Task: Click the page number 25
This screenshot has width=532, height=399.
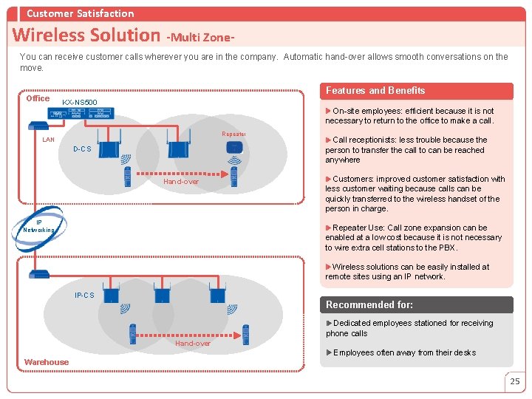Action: click(x=515, y=381)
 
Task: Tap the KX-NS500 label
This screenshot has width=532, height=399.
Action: click(x=79, y=102)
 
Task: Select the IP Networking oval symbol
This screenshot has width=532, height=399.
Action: click(x=38, y=228)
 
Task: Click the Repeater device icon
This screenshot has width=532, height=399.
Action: click(x=234, y=148)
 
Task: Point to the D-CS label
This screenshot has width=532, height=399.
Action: click(x=82, y=149)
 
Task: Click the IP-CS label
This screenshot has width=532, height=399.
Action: click(x=84, y=295)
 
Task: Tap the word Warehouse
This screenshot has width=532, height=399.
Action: click(x=47, y=362)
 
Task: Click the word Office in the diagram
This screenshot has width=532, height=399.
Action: click(x=38, y=98)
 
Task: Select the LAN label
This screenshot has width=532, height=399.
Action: click(x=48, y=140)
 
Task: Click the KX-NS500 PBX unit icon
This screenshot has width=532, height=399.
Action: click(x=81, y=113)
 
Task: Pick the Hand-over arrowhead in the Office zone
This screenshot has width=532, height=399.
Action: click(x=225, y=174)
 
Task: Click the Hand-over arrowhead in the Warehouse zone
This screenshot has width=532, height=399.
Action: click(x=237, y=335)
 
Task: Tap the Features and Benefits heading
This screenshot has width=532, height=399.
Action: click(x=375, y=91)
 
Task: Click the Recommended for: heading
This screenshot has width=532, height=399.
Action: click(x=369, y=304)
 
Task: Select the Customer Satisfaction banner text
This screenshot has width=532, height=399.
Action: click(x=81, y=13)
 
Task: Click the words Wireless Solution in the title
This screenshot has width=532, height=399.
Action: click(x=86, y=35)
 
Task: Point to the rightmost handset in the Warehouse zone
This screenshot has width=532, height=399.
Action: click(x=245, y=335)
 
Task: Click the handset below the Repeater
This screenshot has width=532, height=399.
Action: click(x=233, y=177)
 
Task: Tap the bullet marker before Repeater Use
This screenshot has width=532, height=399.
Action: click(x=328, y=228)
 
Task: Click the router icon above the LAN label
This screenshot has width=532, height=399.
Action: click(x=38, y=126)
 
